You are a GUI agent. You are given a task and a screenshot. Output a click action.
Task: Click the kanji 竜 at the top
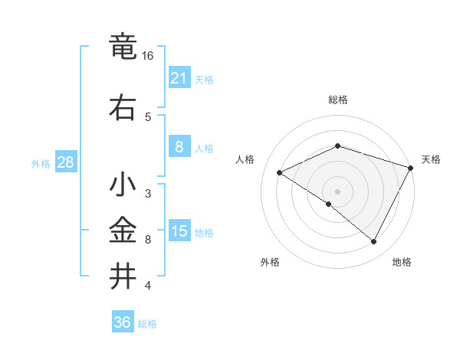tap(124, 47)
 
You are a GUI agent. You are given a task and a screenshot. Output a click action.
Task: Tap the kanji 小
tap(124, 186)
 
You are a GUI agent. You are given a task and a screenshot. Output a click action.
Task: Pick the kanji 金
tap(124, 231)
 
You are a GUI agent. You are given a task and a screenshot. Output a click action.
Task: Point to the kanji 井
tap(124, 275)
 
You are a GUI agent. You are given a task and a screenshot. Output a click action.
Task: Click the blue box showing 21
tap(179, 78)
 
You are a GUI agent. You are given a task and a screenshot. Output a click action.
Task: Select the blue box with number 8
tap(179, 147)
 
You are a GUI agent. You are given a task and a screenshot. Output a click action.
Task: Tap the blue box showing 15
tap(179, 231)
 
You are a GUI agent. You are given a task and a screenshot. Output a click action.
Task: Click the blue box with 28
tap(65, 162)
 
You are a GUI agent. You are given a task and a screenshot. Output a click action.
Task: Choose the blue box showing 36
tap(122, 322)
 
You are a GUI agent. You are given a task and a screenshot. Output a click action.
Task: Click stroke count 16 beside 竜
tap(148, 56)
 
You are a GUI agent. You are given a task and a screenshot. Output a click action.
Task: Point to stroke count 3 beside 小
tap(148, 194)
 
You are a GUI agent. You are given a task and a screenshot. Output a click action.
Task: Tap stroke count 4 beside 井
tap(148, 286)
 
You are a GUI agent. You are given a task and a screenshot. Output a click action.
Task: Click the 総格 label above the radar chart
tap(337, 100)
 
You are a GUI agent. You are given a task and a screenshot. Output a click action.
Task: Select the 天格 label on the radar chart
tap(431, 159)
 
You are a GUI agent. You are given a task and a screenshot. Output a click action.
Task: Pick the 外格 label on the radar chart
tap(270, 262)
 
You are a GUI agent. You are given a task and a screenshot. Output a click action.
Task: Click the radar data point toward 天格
tap(411, 167)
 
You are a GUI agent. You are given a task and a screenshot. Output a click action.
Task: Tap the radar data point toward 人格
tap(280, 172)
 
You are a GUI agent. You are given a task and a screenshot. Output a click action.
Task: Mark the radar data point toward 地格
tap(374, 242)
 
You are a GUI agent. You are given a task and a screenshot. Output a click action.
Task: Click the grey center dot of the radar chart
tap(337, 191)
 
